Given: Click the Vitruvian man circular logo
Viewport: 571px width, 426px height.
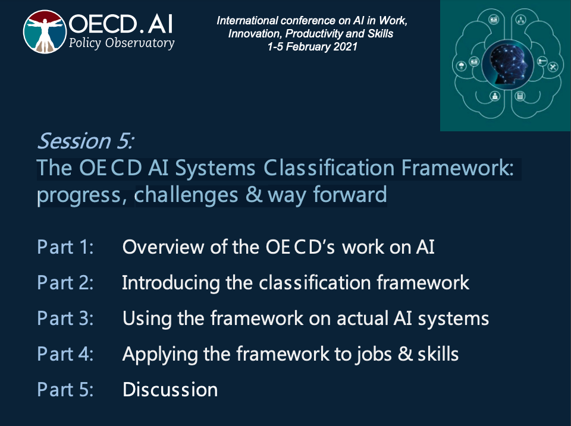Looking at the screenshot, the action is pyautogui.click(x=45, y=31).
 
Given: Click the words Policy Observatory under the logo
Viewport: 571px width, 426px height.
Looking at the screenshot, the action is pyautogui.click(x=121, y=43).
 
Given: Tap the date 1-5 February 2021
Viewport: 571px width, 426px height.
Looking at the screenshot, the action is pyautogui.click(x=312, y=47).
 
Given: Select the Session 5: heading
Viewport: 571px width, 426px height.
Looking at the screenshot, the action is pyautogui.click(x=86, y=141).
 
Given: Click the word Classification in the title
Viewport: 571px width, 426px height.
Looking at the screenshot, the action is pyautogui.click(x=329, y=168).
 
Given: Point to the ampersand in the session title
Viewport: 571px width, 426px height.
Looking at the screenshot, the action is pyautogui.click(x=254, y=194).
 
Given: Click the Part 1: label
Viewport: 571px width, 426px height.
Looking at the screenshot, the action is pyautogui.click(x=65, y=247).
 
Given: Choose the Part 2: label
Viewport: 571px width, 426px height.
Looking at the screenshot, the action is pyautogui.click(x=65, y=283).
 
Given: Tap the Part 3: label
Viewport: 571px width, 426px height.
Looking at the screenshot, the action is pyautogui.click(x=65, y=318).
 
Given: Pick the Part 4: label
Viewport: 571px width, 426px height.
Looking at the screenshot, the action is pyautogui.click(x=65, y=354).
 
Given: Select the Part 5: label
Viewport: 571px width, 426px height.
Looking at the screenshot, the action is pyautogui.click(x=65, y=390).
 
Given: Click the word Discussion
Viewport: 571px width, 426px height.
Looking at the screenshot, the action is pyautogui.click(x=170, y=390).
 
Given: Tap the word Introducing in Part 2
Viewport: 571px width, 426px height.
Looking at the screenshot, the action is pyautogui.click(x=171, y=283).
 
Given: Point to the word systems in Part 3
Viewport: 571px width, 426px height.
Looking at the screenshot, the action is pyautogui.click(x=453, y=319).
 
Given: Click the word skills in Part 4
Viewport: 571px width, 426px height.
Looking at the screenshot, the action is pyautogui.click(x=438, y=354).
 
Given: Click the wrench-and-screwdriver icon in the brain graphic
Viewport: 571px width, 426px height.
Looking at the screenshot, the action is pyautogui.click(x=553, y=67).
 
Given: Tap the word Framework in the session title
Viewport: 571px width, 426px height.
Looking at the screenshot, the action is pyautogui.click(x=457, y=168).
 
